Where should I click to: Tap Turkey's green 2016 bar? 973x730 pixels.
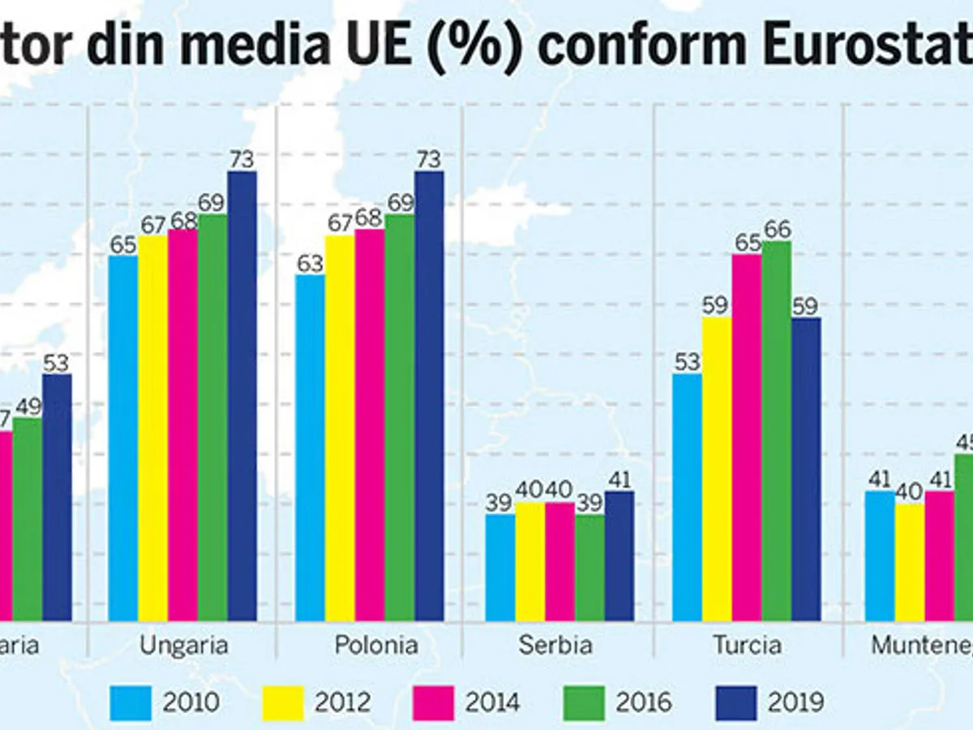click(776, 431)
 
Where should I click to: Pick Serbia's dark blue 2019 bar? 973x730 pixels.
click(619, 556)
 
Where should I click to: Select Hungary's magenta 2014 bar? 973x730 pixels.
click(182, 425)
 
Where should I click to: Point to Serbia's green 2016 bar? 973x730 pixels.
click(589, 568)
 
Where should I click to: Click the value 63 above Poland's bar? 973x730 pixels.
click(310, 264)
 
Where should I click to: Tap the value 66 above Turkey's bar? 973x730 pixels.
click(776, 230)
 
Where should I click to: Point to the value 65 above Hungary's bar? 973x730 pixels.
click(123, 244)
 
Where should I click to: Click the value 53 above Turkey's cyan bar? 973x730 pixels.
click(687, 362)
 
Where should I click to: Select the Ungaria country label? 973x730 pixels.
click(183, 646)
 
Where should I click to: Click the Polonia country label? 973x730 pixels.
click(376, 646)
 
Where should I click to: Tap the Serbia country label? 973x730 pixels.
click(556, 646)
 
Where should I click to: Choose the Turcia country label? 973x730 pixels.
click(748, 646)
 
